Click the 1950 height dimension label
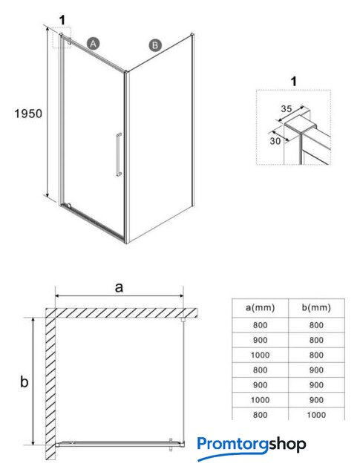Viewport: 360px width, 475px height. [x=28, y=114]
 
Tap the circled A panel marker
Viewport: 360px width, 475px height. [x=93, y=44]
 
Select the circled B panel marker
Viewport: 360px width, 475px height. [x=155, y=45]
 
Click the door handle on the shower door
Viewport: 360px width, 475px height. [x=119, y=154]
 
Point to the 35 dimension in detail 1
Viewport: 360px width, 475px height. [x=286, y=109]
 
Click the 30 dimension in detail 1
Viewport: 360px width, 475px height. [x=275, y=141]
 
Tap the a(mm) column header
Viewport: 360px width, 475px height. [x=260, y=308]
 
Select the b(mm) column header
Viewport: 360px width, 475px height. [x=316, y=308]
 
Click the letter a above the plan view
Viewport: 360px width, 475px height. [x=119, y=287]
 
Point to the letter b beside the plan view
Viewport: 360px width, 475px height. [x=24, y=381]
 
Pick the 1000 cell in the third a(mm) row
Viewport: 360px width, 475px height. [x=260, y=355]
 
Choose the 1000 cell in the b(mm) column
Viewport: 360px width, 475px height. [x=316, y=415]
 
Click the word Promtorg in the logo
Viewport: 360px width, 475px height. [x=233, y=445]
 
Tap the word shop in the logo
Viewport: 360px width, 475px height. [x=287, y=445]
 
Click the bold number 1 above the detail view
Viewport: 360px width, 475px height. [x=293, y=82]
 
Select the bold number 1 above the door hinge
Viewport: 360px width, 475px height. [x=62, y=21]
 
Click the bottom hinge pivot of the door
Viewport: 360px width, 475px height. [x=69, y=206]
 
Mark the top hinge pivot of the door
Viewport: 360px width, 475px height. [x=70, y=44]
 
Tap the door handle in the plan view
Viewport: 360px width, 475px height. [x=171, y=445]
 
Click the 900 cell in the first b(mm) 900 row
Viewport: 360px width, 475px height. [x=316, y=370]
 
